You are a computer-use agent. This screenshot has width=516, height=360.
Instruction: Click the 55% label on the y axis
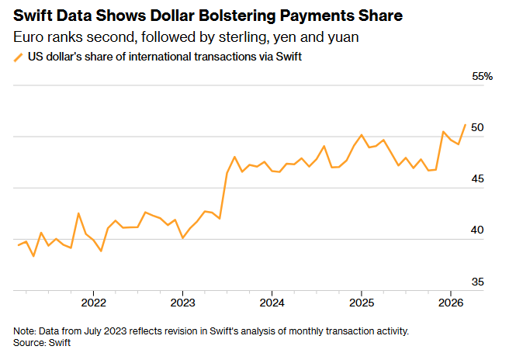coord(483,77)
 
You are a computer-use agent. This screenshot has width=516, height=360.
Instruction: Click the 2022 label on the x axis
coord(93,302)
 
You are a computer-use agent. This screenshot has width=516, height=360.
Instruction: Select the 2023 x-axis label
coord(182,302)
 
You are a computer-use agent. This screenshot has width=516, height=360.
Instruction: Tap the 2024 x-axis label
coord(272,302)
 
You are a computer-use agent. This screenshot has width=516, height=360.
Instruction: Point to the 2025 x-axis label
coord(361,302)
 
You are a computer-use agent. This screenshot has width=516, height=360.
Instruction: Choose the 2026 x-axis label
coord(451,302)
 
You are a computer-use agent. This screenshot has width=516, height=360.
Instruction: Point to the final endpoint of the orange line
coord(465,124)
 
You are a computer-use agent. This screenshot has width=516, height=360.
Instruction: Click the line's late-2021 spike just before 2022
coord(78,213)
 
